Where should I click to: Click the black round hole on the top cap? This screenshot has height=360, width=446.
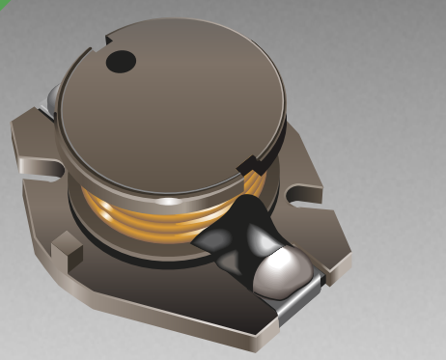tap(122, 62)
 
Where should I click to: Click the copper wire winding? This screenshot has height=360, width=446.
tap(145, 214)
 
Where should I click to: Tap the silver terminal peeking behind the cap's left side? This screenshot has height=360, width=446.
tap(48, 97)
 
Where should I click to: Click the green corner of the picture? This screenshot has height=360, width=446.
tap(3, 3)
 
